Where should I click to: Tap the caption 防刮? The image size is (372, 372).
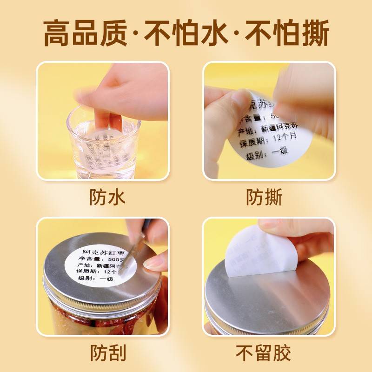(107, 353)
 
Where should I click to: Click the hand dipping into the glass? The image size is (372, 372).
(121, 93)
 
